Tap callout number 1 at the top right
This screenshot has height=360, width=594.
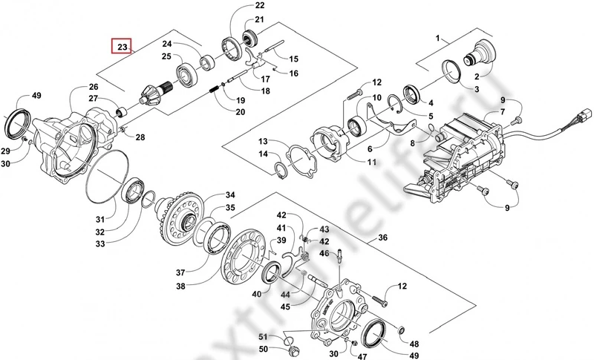(x=439, y=36)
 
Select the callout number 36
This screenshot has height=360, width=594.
(x=383, y=238)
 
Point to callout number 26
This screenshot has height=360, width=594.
(x=94, y=87)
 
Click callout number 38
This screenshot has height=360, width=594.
(x=180, y=287)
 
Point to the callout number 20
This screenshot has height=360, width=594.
(x=240, y=112)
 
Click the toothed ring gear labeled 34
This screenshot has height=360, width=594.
(x=179, y=216)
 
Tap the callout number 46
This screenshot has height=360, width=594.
(x=324, y=253)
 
